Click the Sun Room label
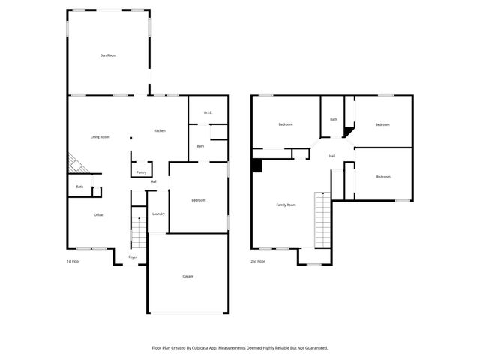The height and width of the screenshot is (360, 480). (x=109, y=55)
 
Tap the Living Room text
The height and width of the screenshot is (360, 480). (x=100, y=136)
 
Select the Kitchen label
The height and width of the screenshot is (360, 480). (x=160, y=131)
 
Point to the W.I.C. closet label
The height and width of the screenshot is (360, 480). (x=208, y=113)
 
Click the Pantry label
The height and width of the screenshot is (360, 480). (x=141, y=172)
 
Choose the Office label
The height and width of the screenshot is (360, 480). (x=98, y=215)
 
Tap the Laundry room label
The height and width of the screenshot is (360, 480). (x=158, y=214)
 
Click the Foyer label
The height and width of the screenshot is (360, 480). (x=133, y=257)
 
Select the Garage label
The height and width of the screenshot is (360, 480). (x=187, y=276)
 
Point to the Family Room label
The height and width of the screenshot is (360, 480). (x=286, y=205)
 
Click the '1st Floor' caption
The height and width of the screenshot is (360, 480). (x=73, y=261)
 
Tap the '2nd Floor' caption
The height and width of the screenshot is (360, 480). (x=258, y=261)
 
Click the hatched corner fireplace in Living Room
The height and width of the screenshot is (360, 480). (x=76, y=163)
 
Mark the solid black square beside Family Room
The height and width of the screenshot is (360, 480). (x=256, y=166)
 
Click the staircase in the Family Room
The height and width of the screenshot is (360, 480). (x=322, y=219)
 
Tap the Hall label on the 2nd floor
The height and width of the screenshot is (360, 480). (x=331, y=156)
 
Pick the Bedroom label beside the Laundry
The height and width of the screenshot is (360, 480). (x=198, y=200)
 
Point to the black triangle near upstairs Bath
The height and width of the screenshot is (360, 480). (x=349, y=132)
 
